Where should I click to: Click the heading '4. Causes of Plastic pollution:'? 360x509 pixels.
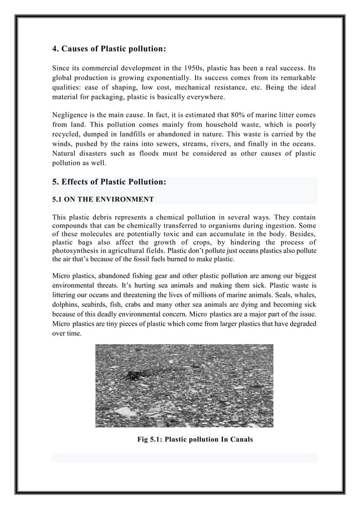(x=109, y=49)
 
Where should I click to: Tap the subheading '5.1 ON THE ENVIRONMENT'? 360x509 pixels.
(x=103, y=199)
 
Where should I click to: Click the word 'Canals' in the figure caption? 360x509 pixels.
(x=240, y=439)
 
